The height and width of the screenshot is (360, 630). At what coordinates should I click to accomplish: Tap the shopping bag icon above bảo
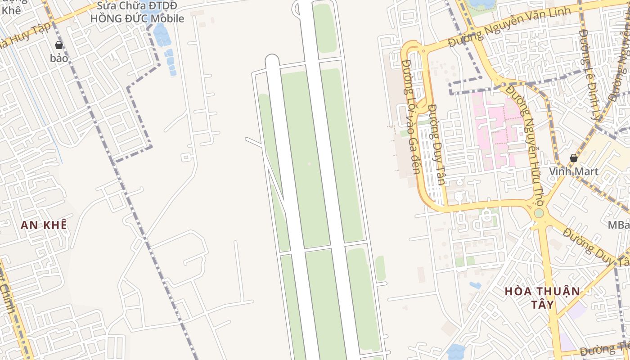click(58, 45)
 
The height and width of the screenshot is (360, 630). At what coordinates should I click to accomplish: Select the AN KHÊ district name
click(44, 225)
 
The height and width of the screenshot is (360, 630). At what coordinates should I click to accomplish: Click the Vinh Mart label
click(573, 171)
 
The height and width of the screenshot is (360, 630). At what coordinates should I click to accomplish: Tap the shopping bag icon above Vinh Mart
click(573, 158)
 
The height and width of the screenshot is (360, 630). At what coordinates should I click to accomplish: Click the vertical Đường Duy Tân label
click(436, 144)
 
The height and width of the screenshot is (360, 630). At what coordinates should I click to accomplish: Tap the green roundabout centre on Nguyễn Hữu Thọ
click(539, 213)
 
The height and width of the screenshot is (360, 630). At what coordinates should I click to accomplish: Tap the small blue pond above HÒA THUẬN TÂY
click(475, 285)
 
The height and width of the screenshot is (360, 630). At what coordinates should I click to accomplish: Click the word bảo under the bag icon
click(59, 58)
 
